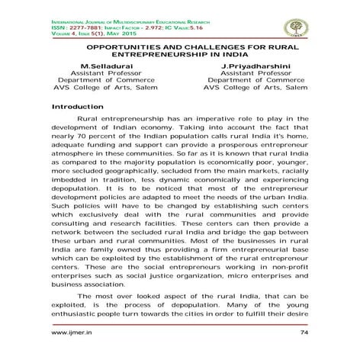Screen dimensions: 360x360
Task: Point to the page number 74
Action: coord(305,333)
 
